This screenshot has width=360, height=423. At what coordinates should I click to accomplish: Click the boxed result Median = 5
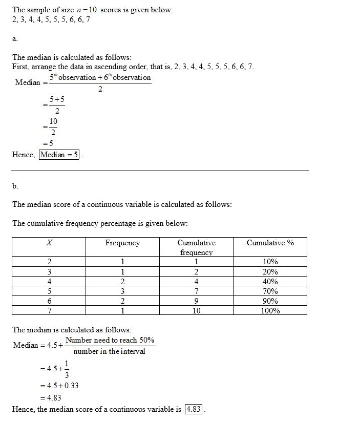pyautogui.click(x=59, y=155)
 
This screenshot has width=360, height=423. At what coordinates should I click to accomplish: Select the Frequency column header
pyautogui.click(x=122, y=243)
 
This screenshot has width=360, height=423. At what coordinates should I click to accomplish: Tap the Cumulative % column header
pyautogui.click(x=270, y=243)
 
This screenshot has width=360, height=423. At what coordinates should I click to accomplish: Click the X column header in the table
pyautogui.click(x=49, y=243)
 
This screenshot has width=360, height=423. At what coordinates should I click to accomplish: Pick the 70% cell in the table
pyautogui.click(x=270, y=291)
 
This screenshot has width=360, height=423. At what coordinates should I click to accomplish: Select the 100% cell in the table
pyautogui.click(x=270, y=310)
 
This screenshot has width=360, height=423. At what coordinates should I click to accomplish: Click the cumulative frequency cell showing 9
pyautogui.click(x=196, y=301)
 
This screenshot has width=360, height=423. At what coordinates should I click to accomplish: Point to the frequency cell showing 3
pyautogui.click(x=122, y=291)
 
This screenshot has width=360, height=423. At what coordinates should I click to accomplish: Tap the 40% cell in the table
pyautogui.click(x=270, y=281)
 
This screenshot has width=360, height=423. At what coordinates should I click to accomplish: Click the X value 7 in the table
pyautogui.click(x=49, y=310)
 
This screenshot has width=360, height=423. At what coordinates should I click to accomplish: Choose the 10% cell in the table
pyautogui.click(x=270, y=262)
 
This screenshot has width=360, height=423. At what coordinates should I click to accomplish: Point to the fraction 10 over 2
pyautogui.click(x=53, y=126)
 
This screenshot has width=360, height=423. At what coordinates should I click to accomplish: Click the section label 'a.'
pyautogui.click(x=15, y=38)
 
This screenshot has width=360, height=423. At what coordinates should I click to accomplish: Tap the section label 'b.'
pyautogui.click(x=15, y=185)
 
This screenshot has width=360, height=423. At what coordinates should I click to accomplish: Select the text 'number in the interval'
pyautogui.click(x=109, y=351)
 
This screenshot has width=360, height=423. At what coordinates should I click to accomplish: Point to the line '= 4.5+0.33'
pyautogui.click(x=59, y=386)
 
